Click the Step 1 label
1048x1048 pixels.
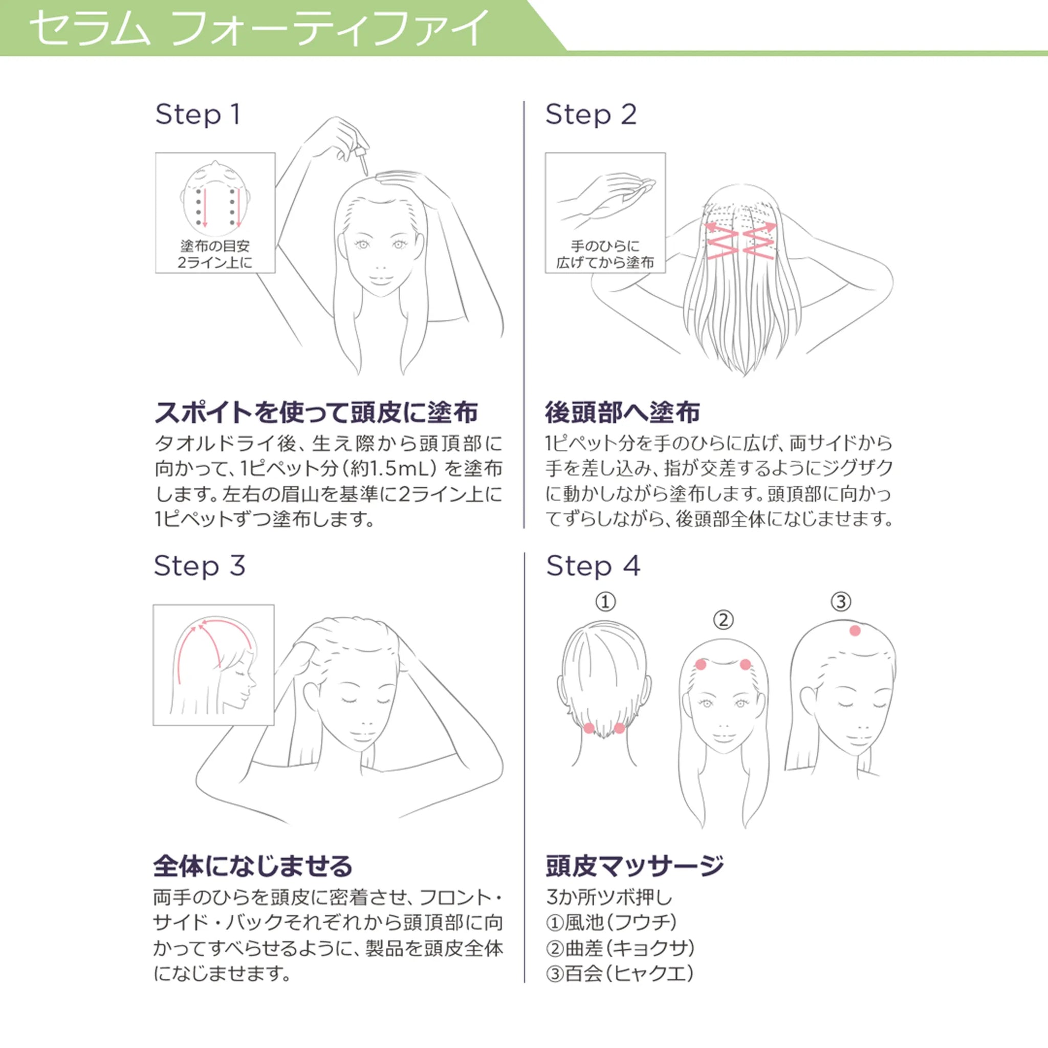point(198,115)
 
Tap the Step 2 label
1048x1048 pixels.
point(591,115)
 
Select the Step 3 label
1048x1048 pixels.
point(199,566)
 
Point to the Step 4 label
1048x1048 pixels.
point(593,566)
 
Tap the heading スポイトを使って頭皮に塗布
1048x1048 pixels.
point(316,412)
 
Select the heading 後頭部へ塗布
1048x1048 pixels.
point(622,412)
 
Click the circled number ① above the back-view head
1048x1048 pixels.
point(605,602)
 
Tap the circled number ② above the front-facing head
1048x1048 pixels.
point(723,620)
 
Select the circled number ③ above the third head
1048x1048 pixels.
point(841,602)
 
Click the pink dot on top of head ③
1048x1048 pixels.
point(855,630)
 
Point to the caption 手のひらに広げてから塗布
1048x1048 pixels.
point(605,254)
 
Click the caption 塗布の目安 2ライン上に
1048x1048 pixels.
point(215,254)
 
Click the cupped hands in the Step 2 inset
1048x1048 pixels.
point(606,199)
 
